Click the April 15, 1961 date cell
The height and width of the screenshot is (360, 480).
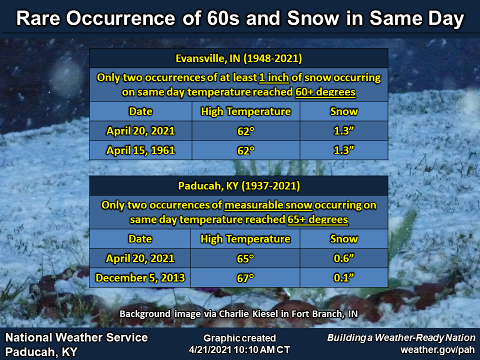[x=140, y=150]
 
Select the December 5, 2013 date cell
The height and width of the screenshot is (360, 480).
[x=140, y=277]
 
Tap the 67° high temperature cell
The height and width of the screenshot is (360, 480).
[x=245, y=277]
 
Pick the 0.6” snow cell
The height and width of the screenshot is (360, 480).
[x=344, y=258]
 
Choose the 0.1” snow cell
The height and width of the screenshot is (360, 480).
[x=344, y=277]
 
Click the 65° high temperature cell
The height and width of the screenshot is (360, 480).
[x=245, y=258]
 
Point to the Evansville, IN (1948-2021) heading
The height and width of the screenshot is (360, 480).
[x=239, y=58]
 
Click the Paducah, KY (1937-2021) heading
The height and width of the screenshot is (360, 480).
[x=239, y=186]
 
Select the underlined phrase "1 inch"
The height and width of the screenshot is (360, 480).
[x=274, y=78]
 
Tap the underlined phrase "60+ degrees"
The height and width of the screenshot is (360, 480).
[x=325, y=92]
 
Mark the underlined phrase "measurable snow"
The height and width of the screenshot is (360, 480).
[x=268, y=205]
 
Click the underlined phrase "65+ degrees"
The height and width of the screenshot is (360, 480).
[x=318, y=219]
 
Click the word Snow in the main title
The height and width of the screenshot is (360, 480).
[x=313, y=18]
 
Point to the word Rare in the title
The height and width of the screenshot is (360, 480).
[x=38, y=18]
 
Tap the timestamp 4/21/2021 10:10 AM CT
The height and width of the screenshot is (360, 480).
[x=239, y=349]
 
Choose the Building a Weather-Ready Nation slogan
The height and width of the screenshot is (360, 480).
[x=401, y=337]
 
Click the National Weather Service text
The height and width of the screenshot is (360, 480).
[x=76, y=337]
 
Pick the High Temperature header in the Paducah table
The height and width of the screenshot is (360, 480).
[x=245, y=239]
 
